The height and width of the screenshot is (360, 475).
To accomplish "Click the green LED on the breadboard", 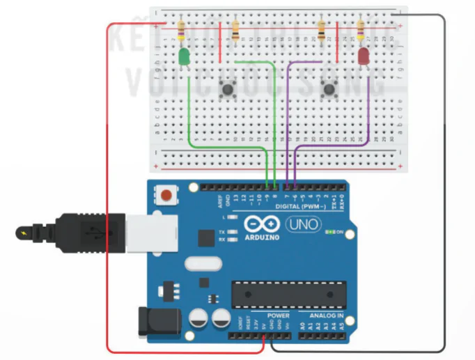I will [185, 58].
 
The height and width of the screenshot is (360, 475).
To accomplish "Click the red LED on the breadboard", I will [364, 56].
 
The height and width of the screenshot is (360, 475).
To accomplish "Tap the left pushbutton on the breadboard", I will [227, 88].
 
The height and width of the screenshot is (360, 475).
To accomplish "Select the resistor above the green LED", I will [182, 30].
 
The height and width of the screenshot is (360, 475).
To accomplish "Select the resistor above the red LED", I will [361, 29].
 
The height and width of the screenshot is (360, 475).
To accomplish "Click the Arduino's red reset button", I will [166, 195].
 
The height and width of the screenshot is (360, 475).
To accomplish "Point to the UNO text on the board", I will [303, 224].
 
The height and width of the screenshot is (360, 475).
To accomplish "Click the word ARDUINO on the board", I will [262, 237].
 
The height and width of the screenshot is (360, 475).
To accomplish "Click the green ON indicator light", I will [331, 231].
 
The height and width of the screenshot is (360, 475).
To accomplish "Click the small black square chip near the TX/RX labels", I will [206, 238].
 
